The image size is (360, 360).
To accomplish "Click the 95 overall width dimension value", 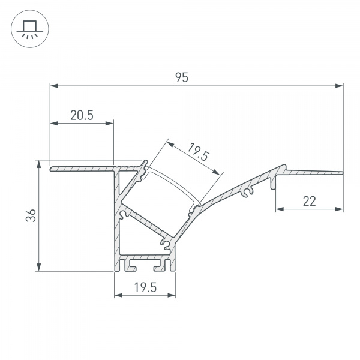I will click(182, 77).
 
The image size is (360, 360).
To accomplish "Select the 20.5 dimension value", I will click(82, 116).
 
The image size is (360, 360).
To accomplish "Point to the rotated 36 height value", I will click(34, 215).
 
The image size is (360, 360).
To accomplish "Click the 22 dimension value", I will click(310, 202).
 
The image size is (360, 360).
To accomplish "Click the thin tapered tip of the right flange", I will click(339, 174).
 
